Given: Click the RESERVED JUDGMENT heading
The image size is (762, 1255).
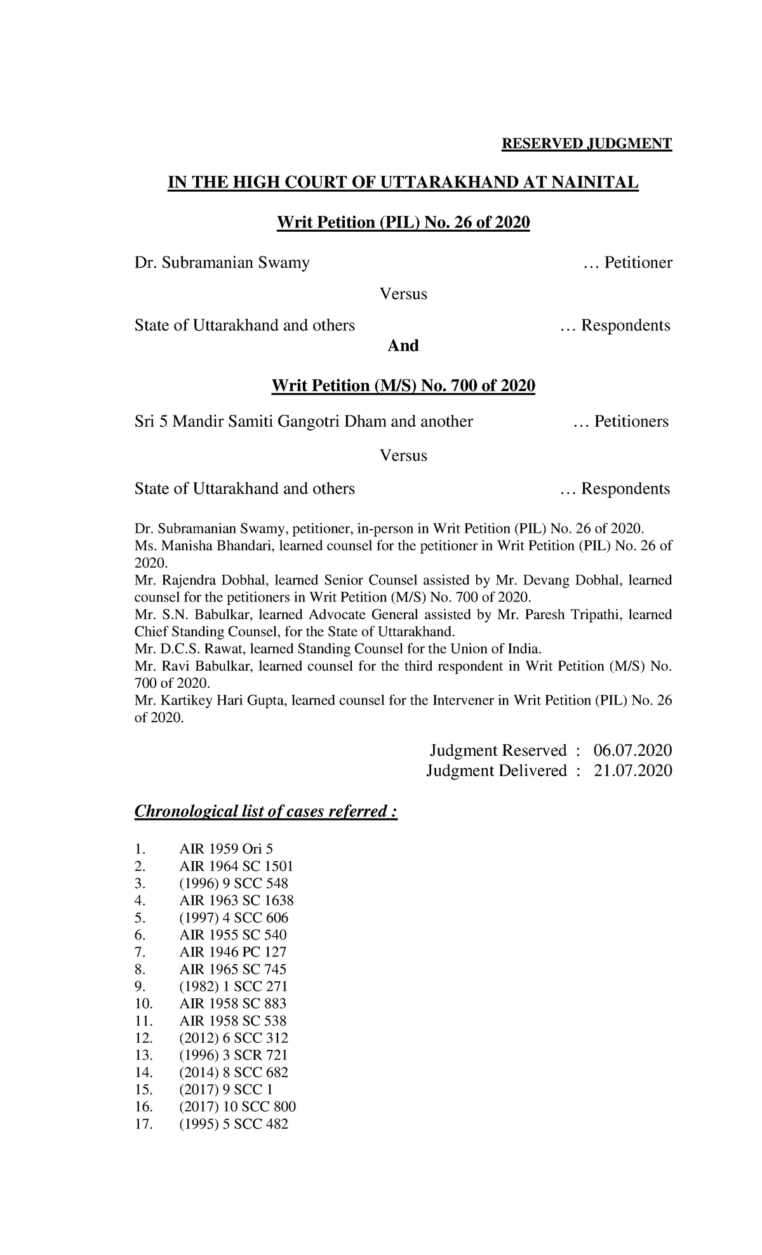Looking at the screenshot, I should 586,144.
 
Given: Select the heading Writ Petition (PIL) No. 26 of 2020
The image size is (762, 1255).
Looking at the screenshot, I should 403,223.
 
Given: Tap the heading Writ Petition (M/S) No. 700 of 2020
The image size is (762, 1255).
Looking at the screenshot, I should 403,386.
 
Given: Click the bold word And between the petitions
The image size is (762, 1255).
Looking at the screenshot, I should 403,346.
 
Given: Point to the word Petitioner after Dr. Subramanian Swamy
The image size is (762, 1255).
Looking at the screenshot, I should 638,262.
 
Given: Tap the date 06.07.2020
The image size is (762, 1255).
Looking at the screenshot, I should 632,751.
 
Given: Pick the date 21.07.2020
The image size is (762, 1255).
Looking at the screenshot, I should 632,771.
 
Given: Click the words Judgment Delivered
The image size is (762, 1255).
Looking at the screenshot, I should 496,771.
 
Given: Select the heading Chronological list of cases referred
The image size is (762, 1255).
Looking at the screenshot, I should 265,812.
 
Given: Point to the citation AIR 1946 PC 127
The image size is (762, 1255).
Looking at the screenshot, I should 232,952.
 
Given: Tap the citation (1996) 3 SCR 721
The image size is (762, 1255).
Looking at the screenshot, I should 233,1055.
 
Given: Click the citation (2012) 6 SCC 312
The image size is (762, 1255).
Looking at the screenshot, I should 233,1038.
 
